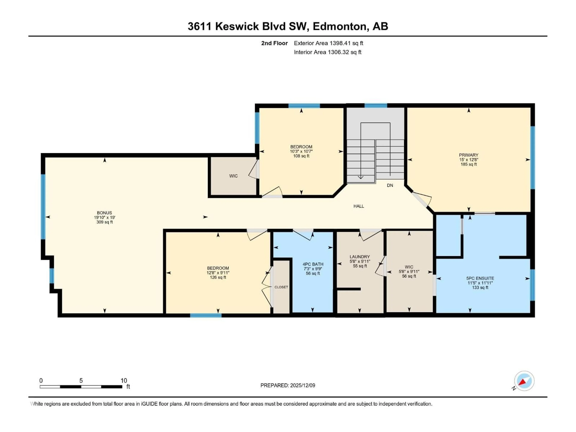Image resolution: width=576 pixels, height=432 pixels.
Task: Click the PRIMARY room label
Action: (468, 155)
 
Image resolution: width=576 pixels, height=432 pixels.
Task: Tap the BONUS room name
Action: (104, 213)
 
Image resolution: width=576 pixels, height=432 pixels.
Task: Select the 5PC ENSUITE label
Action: (480, 278)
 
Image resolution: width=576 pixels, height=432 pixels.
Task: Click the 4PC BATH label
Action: (313, 264)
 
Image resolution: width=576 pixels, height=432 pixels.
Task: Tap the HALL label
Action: (358, 206)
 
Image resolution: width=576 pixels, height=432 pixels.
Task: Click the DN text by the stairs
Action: (390, 185)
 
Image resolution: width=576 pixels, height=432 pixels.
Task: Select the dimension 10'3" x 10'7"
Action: (301, 151)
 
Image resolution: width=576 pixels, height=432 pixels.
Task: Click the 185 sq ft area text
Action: (468, 164)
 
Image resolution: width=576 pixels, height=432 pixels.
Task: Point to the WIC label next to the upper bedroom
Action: (233, 176)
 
